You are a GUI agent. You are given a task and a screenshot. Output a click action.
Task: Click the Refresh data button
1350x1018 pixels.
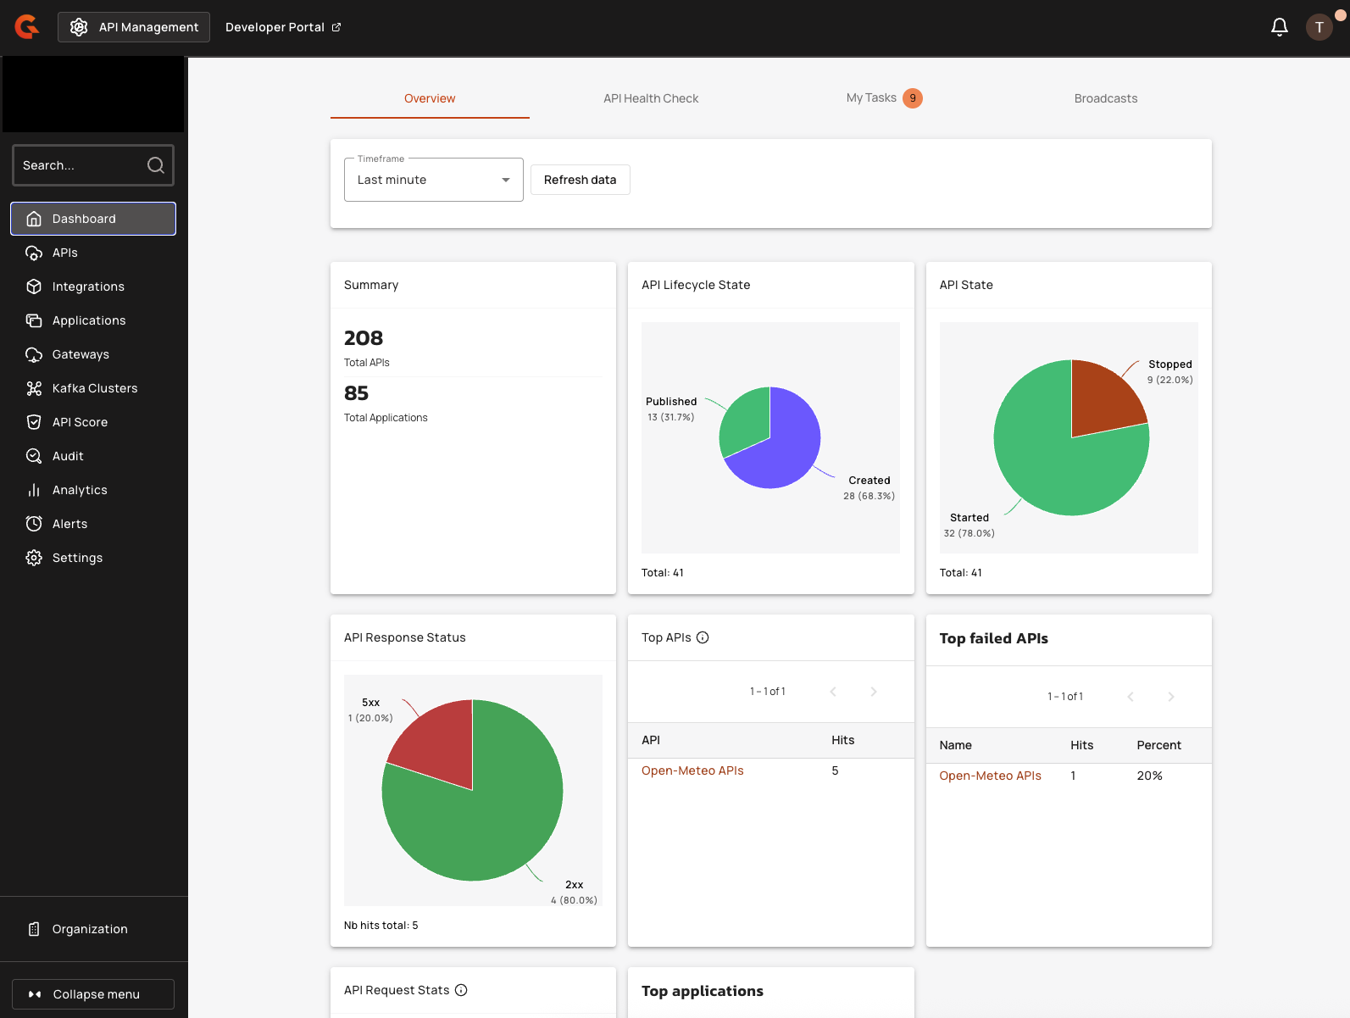pyautogui.click(x=580, y=180)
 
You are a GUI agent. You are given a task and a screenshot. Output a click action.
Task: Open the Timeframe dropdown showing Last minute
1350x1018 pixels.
pyautogui.click(x=433, y=180)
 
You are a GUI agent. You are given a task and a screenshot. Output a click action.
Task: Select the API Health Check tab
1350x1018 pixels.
pyautogui.click(x=651, y=98)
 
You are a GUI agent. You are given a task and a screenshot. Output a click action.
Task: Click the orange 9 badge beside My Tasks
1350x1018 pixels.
pyautogui.click(x=913, y=98)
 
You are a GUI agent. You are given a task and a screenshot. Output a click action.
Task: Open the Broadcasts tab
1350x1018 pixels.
pyautogui.click(x=1105, y=98)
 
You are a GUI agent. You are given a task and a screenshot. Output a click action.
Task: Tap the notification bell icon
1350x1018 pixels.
pyautogui.click(x=1279, y=27)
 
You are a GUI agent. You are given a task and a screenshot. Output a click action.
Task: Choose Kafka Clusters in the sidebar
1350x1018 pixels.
pyautogui.click(x=94, y=388)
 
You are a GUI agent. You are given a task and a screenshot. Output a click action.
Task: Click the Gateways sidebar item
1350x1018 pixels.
pyautogui.click(x=81, y=354)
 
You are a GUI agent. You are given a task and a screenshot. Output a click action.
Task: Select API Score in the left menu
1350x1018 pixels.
pyautogui.click(x=80, y=422)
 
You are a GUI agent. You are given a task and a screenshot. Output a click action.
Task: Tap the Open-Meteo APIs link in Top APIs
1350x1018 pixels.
pyautogui.click(x=692, y=770)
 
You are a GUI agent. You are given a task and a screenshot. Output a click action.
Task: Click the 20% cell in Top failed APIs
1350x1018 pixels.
pyautogui.click(x=1149, y=776)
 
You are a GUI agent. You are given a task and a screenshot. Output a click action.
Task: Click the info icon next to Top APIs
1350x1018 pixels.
pyautogui.click(x=703, y=637)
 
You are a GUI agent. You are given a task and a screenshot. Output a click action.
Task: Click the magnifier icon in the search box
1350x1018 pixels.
pyautogui.click(x=156, y=165)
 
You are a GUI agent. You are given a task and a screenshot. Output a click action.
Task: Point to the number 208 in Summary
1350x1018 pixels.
pyautogui.click(x=364, y=338)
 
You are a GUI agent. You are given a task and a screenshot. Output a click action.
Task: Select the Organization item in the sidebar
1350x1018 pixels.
pyautogui.click(x=89, y=929)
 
